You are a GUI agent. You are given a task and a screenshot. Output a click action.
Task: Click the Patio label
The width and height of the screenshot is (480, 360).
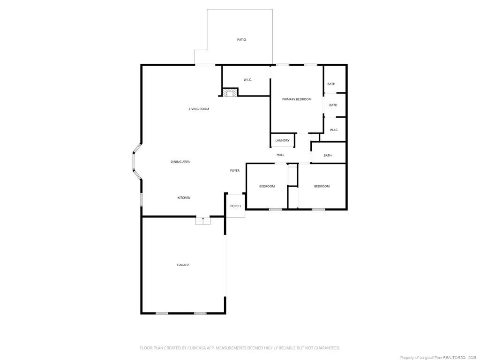click(x=241, y=40)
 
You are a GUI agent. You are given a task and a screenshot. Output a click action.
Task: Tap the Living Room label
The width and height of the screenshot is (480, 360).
click(x=199, y=109)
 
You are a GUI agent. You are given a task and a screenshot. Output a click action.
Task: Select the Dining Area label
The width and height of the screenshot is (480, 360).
click(x=180, y=162)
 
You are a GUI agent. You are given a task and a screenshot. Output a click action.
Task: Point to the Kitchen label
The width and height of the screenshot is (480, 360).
click(x=184, y=198)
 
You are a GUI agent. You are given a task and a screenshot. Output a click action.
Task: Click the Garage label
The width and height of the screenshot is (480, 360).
click(x=183, y=265)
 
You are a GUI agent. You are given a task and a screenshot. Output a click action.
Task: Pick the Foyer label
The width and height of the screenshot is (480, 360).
click(x=235, y=171)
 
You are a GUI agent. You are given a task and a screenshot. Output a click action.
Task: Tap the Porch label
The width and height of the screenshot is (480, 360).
click(x=235, y=206)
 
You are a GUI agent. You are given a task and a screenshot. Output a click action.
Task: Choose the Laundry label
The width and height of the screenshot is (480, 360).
click(x=282, y=141)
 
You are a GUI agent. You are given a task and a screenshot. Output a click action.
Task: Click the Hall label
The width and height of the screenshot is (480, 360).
click(x=280, y=155)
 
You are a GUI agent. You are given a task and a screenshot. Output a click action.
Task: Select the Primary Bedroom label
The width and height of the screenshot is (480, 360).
click(x=297, y=99)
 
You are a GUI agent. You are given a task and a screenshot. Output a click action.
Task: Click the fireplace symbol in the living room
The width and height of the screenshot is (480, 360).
click(x=230, y=93)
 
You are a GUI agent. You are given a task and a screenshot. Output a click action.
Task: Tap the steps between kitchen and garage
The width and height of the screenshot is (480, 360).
click(x=203, y=221)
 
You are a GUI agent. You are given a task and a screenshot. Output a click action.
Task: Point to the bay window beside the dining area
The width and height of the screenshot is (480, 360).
click(x=135, y=162)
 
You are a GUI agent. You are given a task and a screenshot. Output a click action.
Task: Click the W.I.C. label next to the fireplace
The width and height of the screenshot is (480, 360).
click(x=247, y=80)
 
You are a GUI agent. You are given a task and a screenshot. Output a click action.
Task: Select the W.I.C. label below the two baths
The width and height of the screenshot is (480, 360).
click(x=334, y=130)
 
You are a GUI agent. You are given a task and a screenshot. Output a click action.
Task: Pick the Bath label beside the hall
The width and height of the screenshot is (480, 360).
click(x=328, y=156)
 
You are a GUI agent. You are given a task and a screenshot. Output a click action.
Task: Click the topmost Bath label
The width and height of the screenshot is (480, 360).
click(x=331, y=84)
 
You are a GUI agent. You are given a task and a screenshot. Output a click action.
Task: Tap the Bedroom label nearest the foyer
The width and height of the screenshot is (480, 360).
click(x=267, y=187)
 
